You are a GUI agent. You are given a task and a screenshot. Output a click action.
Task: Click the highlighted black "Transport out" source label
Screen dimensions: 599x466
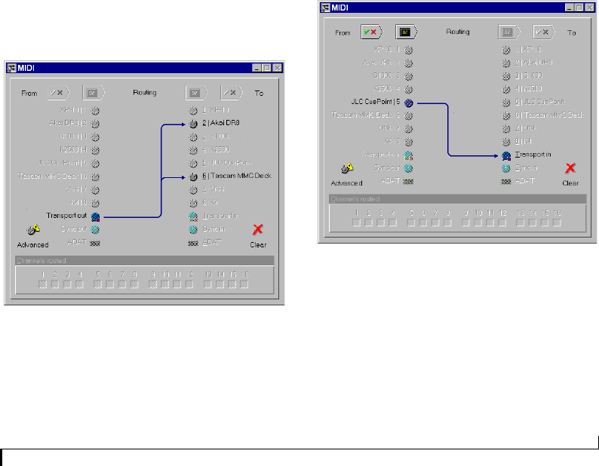coord(66,216)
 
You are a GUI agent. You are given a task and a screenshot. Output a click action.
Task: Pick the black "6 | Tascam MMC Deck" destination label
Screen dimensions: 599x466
coord(235,176)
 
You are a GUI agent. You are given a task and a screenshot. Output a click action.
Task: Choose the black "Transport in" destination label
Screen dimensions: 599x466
coord(533,155)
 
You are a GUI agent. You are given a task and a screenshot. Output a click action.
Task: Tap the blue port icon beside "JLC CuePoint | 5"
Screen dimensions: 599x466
coord(408,101)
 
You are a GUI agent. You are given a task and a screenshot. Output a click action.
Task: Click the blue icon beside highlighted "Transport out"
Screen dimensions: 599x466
coord(96,216)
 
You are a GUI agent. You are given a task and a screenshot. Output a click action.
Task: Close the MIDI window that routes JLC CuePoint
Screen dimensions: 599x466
coord(591,8)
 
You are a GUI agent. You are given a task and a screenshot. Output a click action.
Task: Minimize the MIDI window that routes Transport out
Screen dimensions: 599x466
coord(258,68)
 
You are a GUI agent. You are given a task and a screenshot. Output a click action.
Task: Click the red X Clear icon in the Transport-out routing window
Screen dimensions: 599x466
coord(258,230)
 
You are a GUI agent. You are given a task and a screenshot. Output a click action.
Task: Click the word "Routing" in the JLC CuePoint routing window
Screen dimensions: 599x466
coord(457,32)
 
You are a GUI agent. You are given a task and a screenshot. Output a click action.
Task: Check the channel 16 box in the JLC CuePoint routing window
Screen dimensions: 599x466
coord(557,222)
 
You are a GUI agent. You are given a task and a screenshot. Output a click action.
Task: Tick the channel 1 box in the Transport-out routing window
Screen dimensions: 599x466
coord(44,284)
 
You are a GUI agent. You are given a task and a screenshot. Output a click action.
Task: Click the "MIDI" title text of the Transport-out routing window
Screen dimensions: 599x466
coord(28,68)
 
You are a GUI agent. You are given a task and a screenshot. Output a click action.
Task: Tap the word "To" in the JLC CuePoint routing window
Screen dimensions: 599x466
coord(571,32)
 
